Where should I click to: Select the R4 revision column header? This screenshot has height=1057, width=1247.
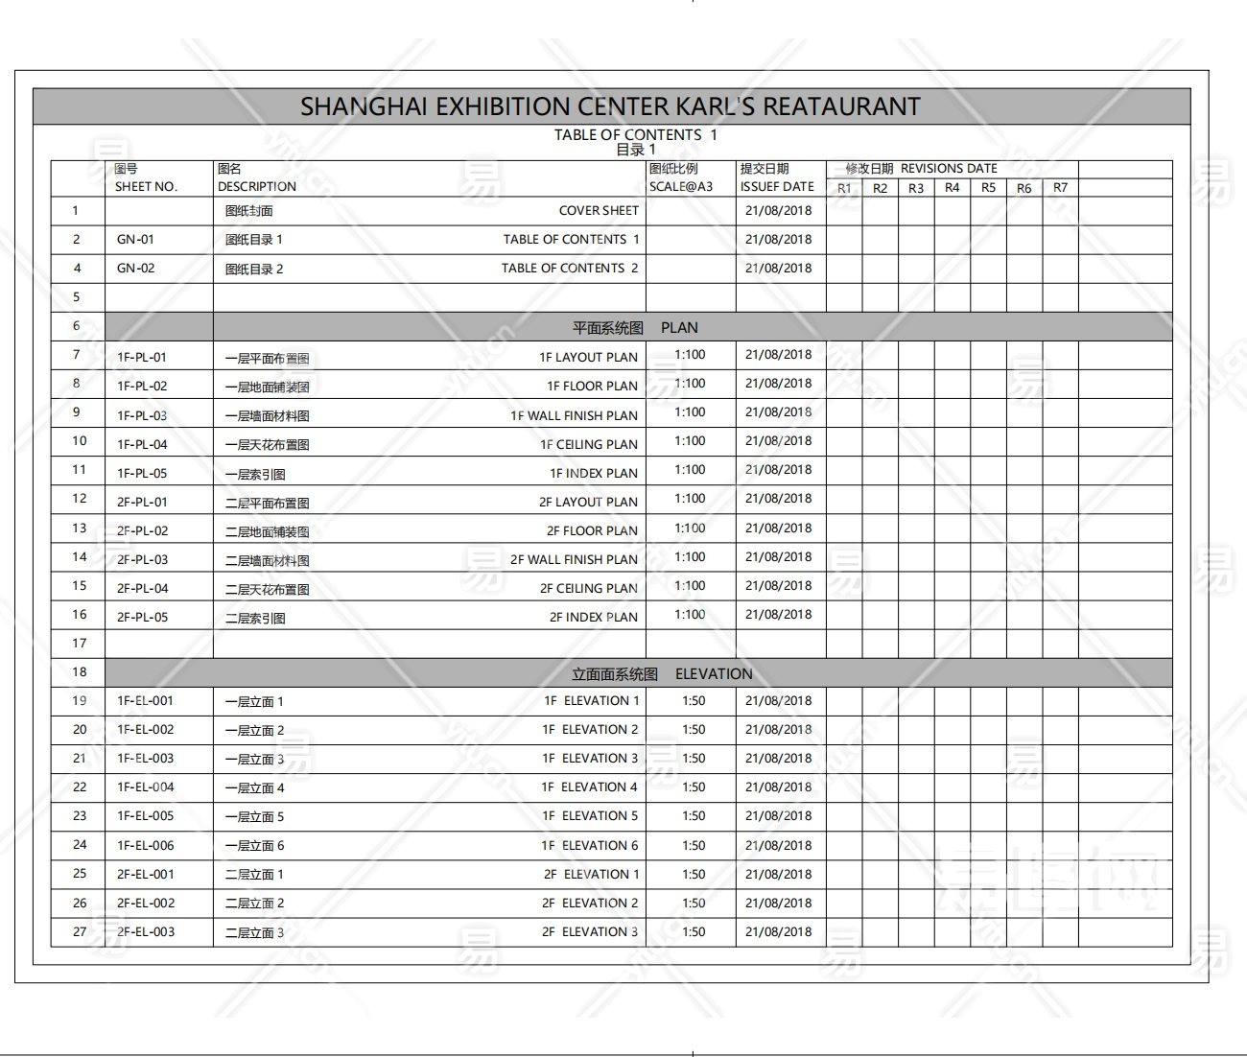[952, 188]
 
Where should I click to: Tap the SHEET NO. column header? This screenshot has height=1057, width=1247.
[146, 187]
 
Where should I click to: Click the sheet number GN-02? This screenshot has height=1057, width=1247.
[135, 269]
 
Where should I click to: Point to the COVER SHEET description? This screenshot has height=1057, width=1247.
[599, 211]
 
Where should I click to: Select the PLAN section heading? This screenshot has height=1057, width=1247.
[679, 328]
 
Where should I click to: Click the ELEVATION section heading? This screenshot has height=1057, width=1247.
[714, 674]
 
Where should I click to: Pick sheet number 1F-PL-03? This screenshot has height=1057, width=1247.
[142, 415]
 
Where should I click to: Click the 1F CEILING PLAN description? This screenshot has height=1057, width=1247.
[588, 445]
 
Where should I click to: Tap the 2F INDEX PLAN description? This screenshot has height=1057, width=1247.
[593, 618]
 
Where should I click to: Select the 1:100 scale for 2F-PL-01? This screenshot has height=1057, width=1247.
[690, 499]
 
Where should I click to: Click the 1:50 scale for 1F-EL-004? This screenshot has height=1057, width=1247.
[694, 787]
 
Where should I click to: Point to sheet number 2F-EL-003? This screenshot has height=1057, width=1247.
[146, 932]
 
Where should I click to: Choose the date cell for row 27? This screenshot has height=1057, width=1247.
[778, 932]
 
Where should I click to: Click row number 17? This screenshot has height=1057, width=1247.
[80, 644]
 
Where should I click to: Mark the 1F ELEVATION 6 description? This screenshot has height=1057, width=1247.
[589, 846]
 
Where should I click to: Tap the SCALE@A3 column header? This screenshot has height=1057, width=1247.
[681, 187]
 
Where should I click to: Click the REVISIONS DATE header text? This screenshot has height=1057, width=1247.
[949, 169]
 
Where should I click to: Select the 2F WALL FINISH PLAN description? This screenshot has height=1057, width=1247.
[574, 560]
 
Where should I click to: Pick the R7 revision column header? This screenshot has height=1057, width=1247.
[1060, 188]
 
